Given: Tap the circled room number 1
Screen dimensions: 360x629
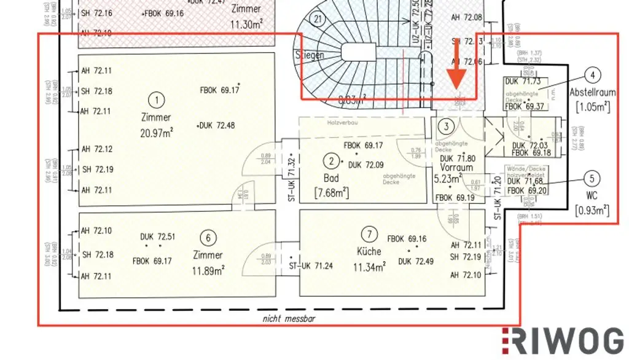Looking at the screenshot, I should point(158,100).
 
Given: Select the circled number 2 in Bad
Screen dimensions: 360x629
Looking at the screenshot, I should point(332,162).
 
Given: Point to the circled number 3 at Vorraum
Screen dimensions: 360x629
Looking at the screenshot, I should point(448,127).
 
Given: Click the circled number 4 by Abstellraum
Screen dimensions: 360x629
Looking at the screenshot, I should point(592,76).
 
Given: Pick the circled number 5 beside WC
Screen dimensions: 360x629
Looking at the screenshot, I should point(592,179).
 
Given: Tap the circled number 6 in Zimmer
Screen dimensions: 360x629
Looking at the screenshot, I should point(209,238).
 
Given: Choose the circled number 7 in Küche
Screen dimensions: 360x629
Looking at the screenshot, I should point(369,233).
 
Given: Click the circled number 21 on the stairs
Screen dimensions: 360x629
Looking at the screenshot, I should point(318,19).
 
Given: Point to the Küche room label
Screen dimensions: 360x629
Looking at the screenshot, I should point(369,251).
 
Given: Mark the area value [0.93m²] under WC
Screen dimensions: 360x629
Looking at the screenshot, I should point(592,211).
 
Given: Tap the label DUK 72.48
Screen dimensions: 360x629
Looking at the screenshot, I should point(217,125).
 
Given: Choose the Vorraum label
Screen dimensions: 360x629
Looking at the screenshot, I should point(457,167).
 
